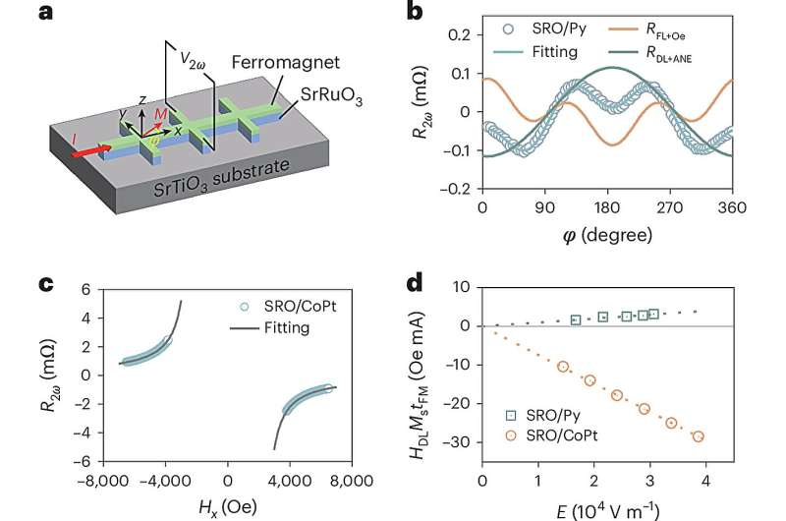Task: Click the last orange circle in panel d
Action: click(698, 436)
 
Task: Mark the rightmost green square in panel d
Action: click(653, 315)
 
